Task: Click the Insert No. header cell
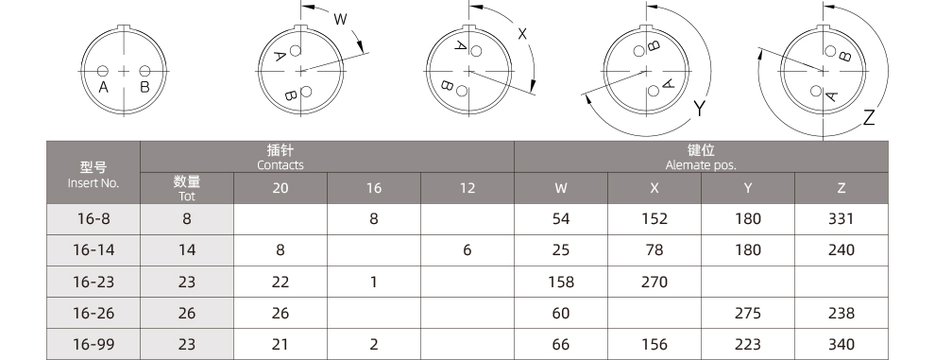pos(93,173)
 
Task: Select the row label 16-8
pos(93,218)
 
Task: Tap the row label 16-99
pos(93,344)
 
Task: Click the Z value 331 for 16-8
pos(841,218)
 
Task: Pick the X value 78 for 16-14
pos(654,249)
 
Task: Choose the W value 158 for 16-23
pos(560,282)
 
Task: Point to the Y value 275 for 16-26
pos(748,313)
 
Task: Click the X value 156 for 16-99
pos(654,344)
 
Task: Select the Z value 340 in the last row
pos(841,344)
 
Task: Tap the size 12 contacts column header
pos(467,188)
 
